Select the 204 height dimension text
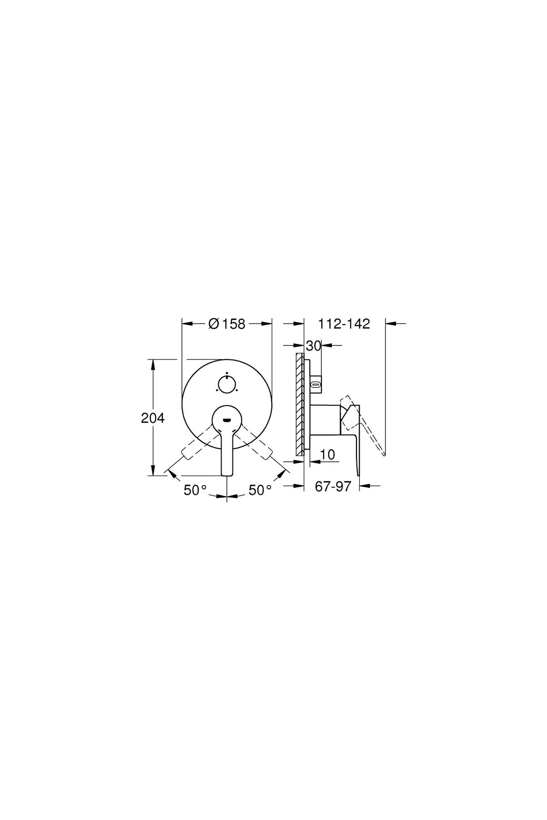[153, 418]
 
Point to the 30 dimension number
[314, 346]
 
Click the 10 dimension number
[328, 454]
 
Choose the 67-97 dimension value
[333, 487]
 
